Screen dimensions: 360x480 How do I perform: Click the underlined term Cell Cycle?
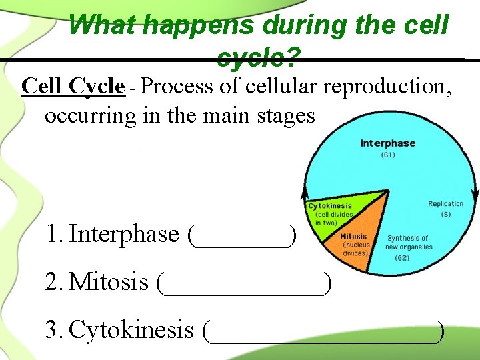73,87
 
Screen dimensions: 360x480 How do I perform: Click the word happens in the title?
199,25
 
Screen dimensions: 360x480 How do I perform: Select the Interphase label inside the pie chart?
387,143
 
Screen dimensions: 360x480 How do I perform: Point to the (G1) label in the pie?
387,155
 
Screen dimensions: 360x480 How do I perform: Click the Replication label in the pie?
445,204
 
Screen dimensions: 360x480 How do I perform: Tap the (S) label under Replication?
445,215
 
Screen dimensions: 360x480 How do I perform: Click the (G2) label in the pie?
402,257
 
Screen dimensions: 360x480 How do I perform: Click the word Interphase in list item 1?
124,235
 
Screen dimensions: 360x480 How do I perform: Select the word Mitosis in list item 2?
109,283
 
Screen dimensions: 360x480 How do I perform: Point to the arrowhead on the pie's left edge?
303,195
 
